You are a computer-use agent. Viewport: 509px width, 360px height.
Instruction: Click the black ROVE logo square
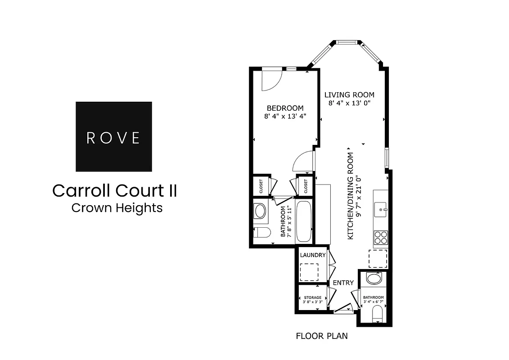click(113, 136)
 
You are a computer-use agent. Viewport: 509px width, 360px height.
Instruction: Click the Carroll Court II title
click(114, 190)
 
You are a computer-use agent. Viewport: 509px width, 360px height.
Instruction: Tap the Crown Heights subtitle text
click(117, 208)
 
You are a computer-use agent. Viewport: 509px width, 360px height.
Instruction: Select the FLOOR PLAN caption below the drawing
click(321, 336)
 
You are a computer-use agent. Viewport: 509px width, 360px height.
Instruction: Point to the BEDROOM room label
click(285, 108)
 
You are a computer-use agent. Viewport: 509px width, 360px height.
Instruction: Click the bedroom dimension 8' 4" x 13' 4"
click(285, 116)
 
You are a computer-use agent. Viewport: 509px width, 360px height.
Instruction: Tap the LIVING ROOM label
click(350, 95)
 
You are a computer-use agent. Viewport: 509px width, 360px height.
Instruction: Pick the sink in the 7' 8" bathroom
click(261, 211)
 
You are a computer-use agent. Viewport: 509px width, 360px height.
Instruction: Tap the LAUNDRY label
click(312, 255)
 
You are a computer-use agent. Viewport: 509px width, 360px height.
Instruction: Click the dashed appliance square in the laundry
click(309, 272)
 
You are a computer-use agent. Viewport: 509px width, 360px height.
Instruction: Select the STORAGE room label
click(312, 297)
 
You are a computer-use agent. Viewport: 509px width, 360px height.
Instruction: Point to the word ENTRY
click(343, 283)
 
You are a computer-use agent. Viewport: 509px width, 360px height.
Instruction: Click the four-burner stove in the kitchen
click(380, 237)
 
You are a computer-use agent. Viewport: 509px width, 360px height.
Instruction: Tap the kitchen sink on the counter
click(381, 209)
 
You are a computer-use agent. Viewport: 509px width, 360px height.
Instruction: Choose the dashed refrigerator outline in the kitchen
click(378, 258)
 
